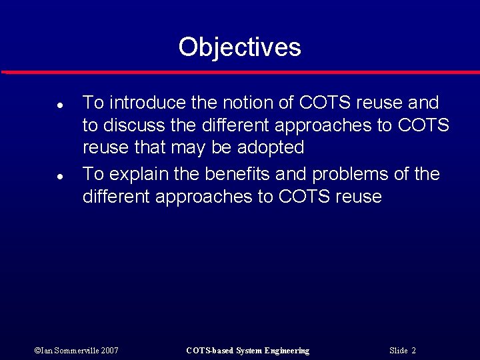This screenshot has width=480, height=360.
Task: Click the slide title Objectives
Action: coord(239,47)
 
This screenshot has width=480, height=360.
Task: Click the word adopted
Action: coord(271,147)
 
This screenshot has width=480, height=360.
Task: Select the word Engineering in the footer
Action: coord(287,351)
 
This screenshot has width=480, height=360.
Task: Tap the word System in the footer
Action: coord(249,351)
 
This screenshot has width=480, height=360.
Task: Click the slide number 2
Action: coord(413,351)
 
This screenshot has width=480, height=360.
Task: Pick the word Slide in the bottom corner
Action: coord(398,351)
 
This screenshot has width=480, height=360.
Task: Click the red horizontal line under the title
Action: coord(240,71)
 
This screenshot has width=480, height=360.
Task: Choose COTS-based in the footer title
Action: coord(209,351)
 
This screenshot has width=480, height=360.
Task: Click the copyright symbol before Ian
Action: coord(36,351)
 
